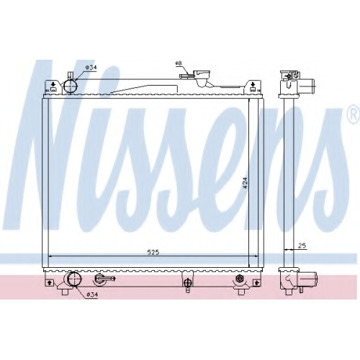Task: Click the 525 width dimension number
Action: point(153,252)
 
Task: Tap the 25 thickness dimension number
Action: point(302,246)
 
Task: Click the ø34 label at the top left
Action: point(91,68)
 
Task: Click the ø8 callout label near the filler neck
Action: point(179,63)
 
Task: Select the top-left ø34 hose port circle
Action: point(70,86)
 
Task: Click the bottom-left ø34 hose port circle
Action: point(75,279)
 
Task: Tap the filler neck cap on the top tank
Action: point(202,75)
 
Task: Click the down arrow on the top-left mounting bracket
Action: point(53,84)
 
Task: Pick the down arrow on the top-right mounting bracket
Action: point(253,84)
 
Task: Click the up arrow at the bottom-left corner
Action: point(50,282)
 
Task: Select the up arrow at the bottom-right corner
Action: point(256,282)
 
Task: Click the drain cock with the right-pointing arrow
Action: point(105,279)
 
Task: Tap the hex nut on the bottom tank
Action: point(239,279)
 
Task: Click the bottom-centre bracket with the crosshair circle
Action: point(187,282)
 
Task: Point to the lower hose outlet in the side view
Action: point(308,280)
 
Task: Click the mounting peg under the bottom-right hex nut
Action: point(240,292)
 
